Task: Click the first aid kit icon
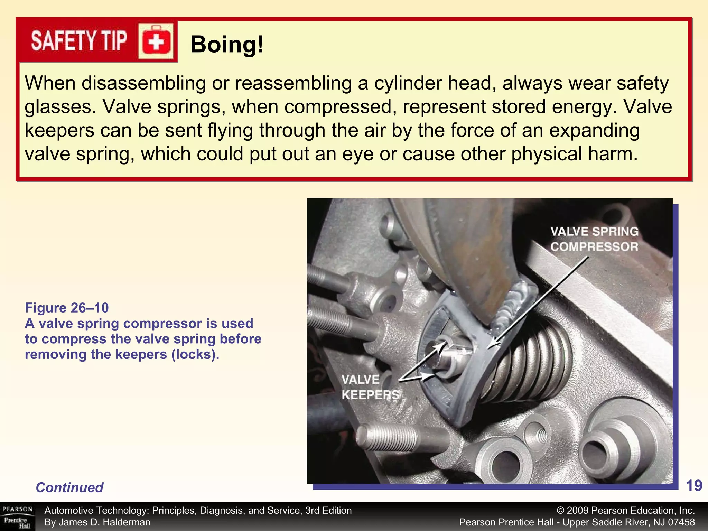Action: pos(156,42)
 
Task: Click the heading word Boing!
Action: pos(227,44)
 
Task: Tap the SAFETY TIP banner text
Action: pos(79,41)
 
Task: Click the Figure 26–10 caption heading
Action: pos(67,308)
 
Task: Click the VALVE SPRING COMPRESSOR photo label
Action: pos(594,239)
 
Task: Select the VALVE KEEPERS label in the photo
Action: pos(370,387)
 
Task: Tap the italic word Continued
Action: pos(69,487)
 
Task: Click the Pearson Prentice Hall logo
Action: pos(17,517)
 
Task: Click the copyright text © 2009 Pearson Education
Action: pos(625,511)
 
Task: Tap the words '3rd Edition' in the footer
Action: pos(328,511)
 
